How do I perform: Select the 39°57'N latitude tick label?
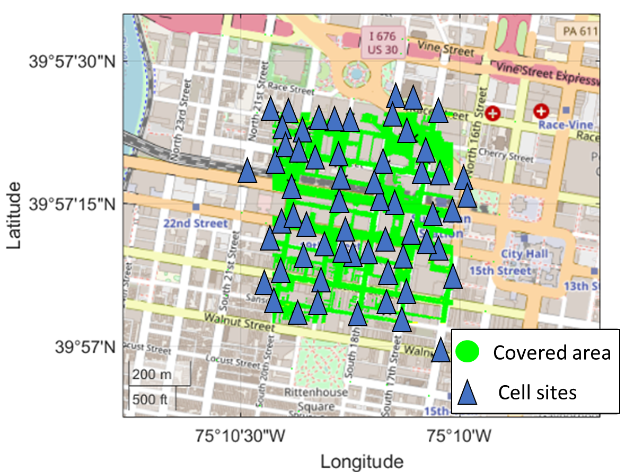(x=85, y=348)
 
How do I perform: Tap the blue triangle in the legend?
(x=467, y=393)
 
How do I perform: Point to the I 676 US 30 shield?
(x=383, y=43)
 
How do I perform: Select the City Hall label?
(x=525, y=254)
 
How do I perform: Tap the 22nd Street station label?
(x=196, y=224)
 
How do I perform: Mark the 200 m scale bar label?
(x=152, y=375)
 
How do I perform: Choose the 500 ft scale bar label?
(x=151, y=399)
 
